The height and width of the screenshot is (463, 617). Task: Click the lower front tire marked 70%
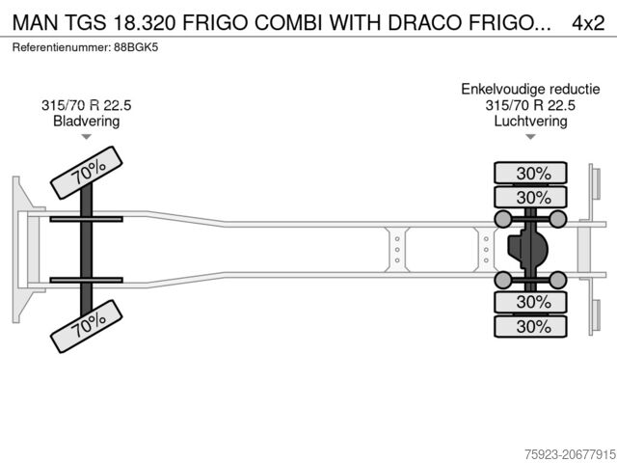(x=87, y=329)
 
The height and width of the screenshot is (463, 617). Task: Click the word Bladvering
(x=87, y=122)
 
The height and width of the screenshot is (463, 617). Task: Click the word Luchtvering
(x=530, y=122)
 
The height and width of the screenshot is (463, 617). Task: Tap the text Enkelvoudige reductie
(x=530, y=89)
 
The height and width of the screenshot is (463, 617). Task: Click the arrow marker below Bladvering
(x=87, y=138)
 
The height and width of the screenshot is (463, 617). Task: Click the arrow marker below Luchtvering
(x=530, y=138)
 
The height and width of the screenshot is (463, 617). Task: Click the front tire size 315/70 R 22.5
(x=87, y=105)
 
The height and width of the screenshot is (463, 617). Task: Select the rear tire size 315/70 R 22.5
(x=530, y=105)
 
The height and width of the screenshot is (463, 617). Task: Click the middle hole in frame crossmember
(x=397, y=249)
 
